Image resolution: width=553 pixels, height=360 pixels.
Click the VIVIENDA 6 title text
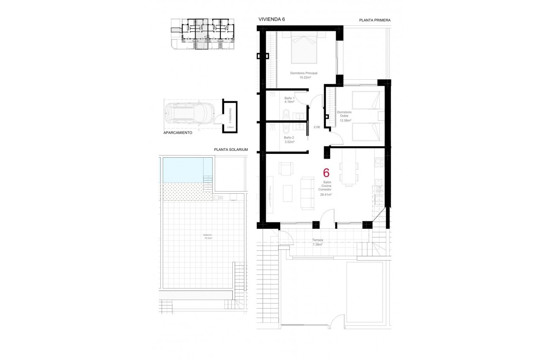point(272,19)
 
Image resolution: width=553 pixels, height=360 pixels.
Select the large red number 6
point(326,173)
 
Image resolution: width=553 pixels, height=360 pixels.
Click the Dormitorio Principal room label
point(304,73)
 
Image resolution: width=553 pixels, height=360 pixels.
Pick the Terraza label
point(318,240)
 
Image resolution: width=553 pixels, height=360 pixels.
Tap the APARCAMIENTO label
point(178,133)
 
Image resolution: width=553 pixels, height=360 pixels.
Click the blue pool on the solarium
point(187,170)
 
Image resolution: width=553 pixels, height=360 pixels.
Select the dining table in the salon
point(348,170)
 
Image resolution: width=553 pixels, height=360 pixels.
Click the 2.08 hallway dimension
point(317,127)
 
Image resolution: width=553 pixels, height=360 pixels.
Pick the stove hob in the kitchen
point(379,162)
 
